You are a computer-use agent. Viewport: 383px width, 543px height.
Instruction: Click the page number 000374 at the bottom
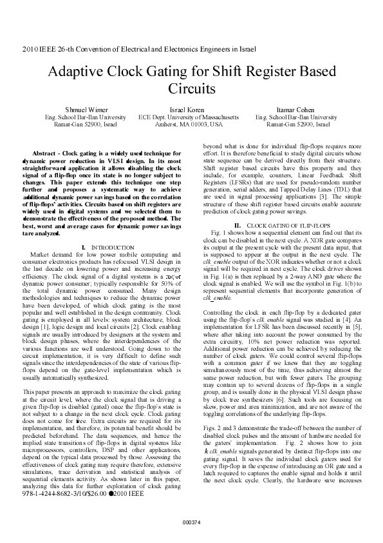coord(192,521)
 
